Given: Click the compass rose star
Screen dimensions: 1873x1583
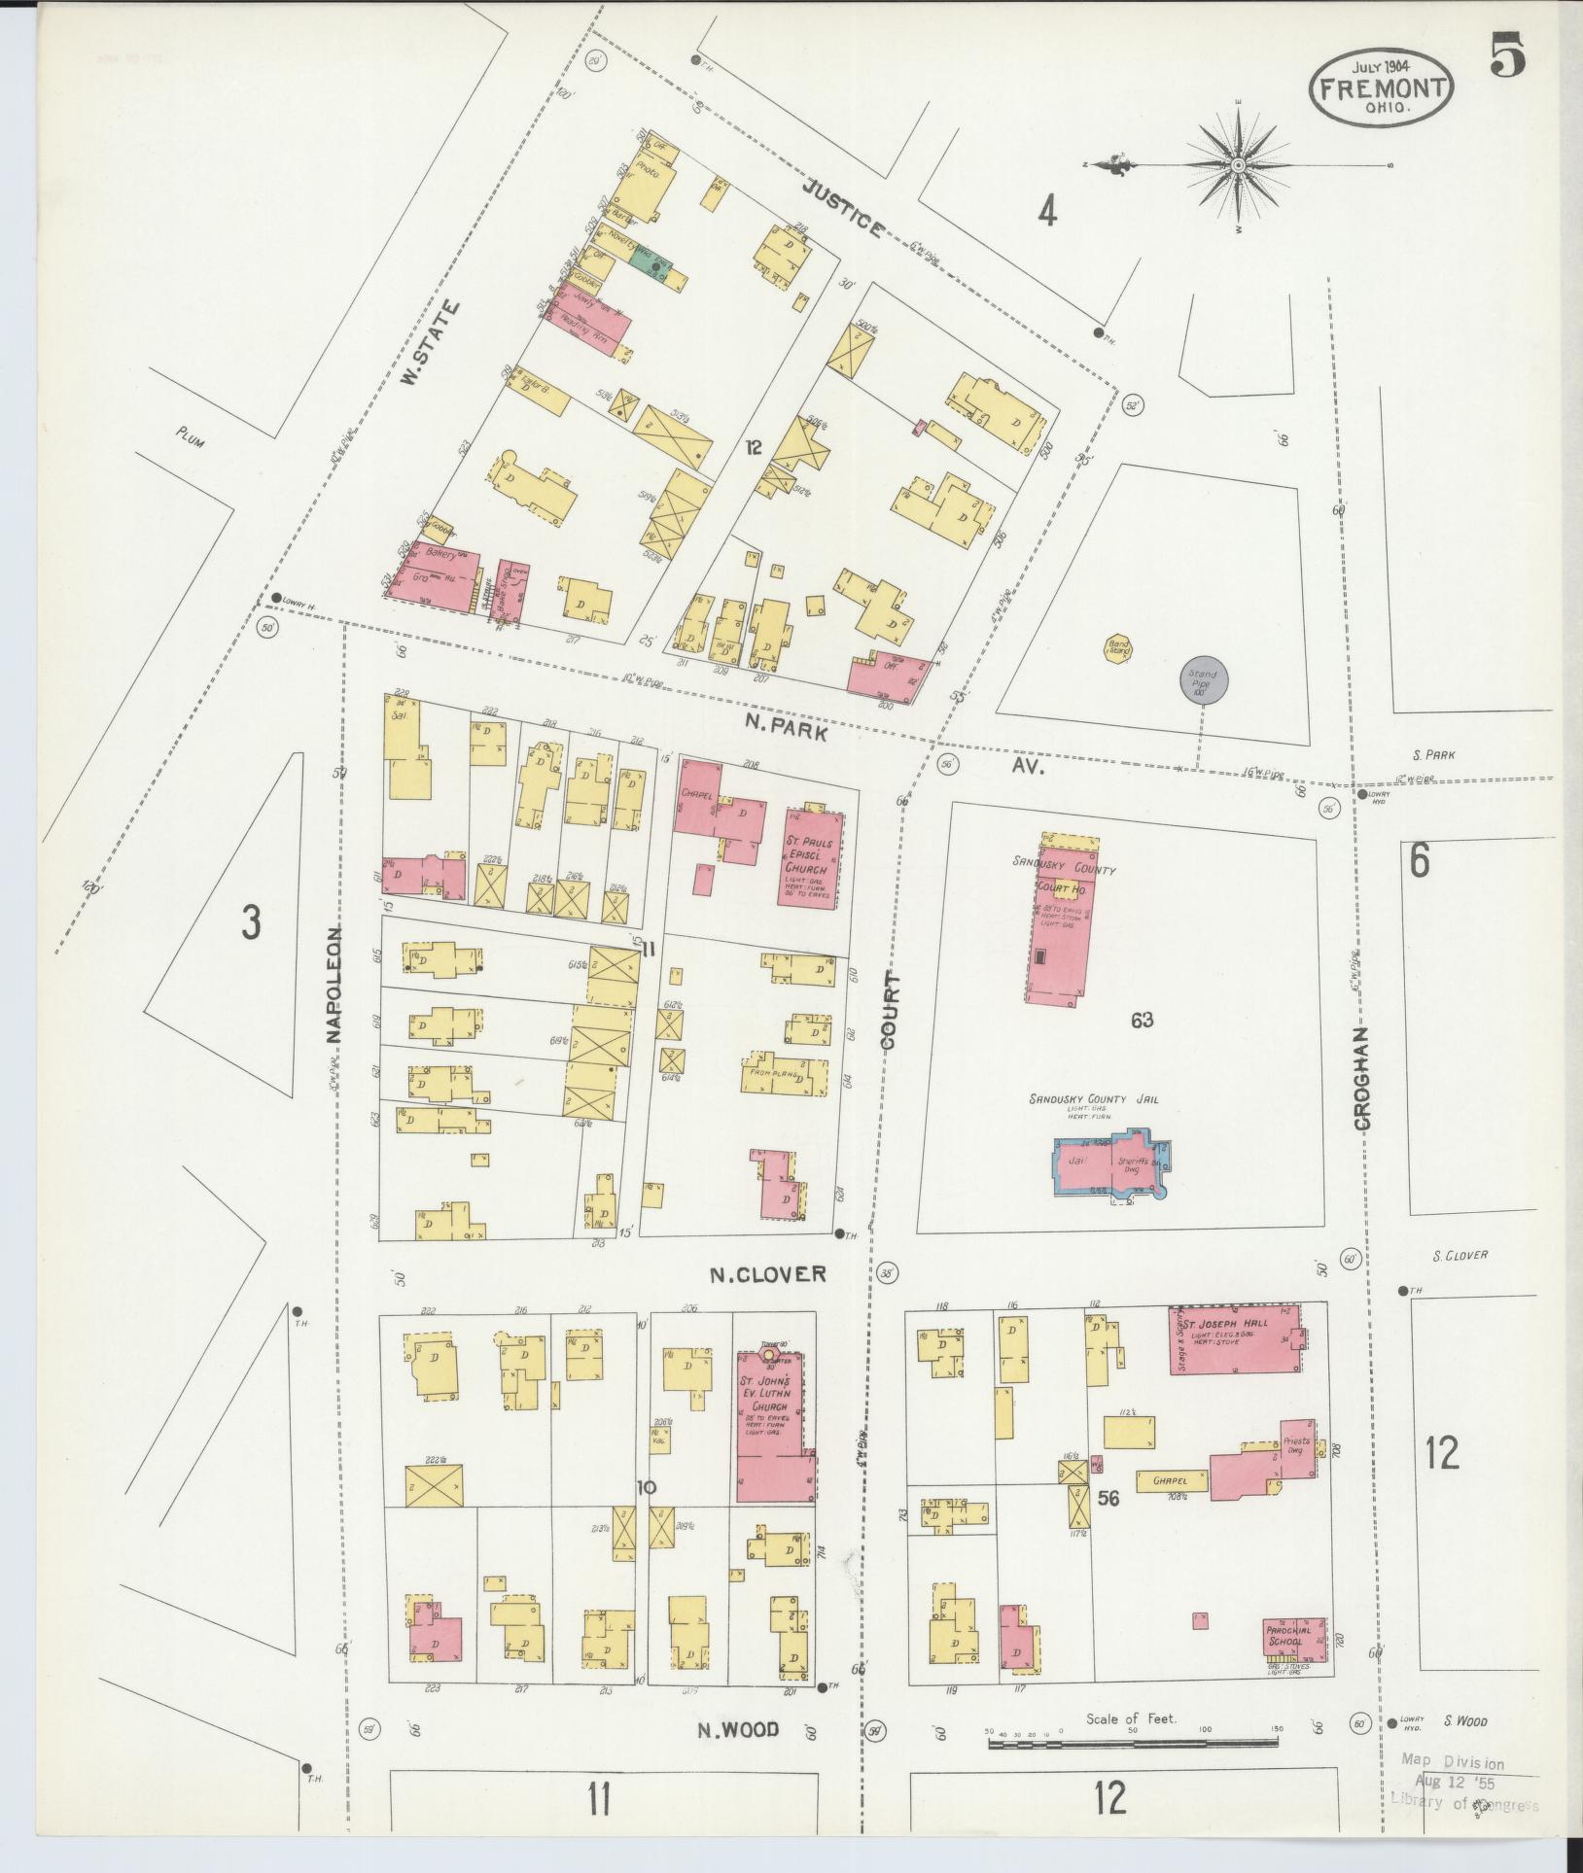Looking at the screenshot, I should click(1238, 166).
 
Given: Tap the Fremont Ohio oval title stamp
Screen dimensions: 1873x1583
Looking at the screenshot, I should click(1382, 87).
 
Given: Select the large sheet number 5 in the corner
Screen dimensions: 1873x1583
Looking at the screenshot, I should click(1506, 54).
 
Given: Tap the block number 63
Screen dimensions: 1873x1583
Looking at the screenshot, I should click(1142, 1020).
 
